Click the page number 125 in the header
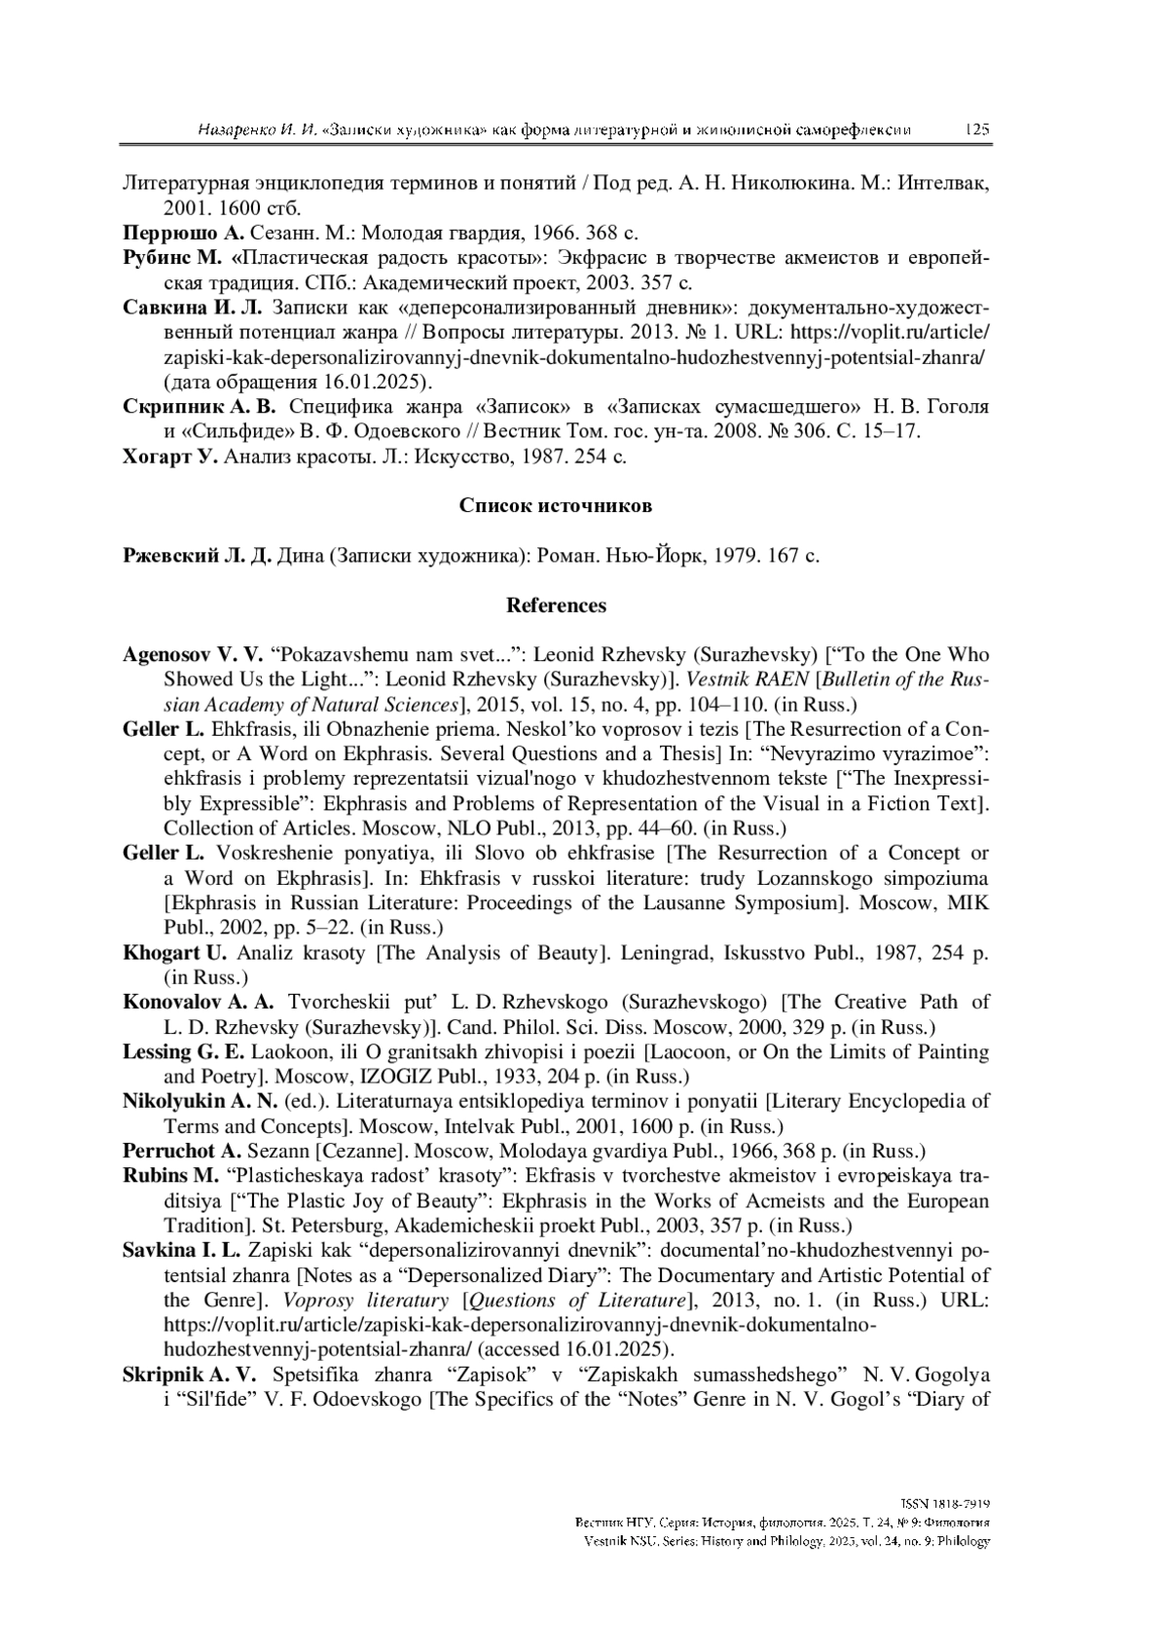tap(976, 129)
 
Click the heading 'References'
tap(556, 606)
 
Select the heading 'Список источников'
tap(555, 506)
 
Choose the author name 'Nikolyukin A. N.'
tap(201, 1101)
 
